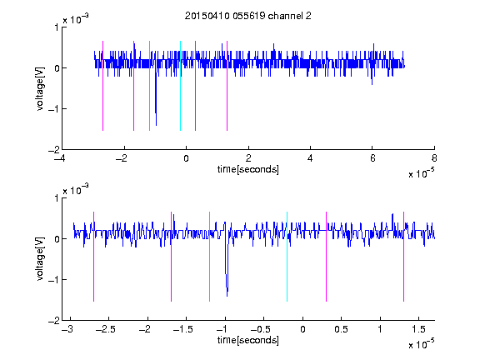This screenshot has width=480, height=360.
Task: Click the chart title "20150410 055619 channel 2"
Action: click(248, 16)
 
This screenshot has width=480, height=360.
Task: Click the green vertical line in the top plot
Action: click(149, 86)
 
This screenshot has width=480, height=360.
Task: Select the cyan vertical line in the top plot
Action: click(180, 86)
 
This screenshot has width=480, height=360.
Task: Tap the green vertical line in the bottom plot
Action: click(209, 257)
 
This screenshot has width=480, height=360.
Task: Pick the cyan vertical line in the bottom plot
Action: click(287, 257)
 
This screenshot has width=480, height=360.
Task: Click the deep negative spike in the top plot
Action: click(156, 125)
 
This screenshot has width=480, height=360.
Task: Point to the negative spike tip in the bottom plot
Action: click(227, 296)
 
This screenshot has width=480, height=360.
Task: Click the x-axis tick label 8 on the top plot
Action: click(434, 158)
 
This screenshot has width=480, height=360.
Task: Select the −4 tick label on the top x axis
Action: click(60, 158)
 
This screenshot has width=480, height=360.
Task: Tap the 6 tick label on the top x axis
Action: click(372, 158)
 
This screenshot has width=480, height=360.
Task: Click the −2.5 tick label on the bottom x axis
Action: click(106, 329)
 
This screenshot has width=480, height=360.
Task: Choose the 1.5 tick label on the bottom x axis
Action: click(418, 329)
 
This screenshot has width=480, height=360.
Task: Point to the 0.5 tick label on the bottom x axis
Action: click(341, 329)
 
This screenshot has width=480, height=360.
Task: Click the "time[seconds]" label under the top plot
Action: click(248, 169)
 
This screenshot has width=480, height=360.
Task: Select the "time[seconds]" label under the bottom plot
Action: click(248, 340)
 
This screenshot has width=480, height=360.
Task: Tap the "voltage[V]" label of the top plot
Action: click(40, 88)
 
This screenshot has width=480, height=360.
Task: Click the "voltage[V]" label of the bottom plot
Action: click(40, 259)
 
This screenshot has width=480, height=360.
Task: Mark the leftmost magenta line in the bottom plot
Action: click(93, 257)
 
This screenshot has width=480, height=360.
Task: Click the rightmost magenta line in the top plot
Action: click(227, 86)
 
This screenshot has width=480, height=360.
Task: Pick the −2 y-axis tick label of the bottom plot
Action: click(54, 321)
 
